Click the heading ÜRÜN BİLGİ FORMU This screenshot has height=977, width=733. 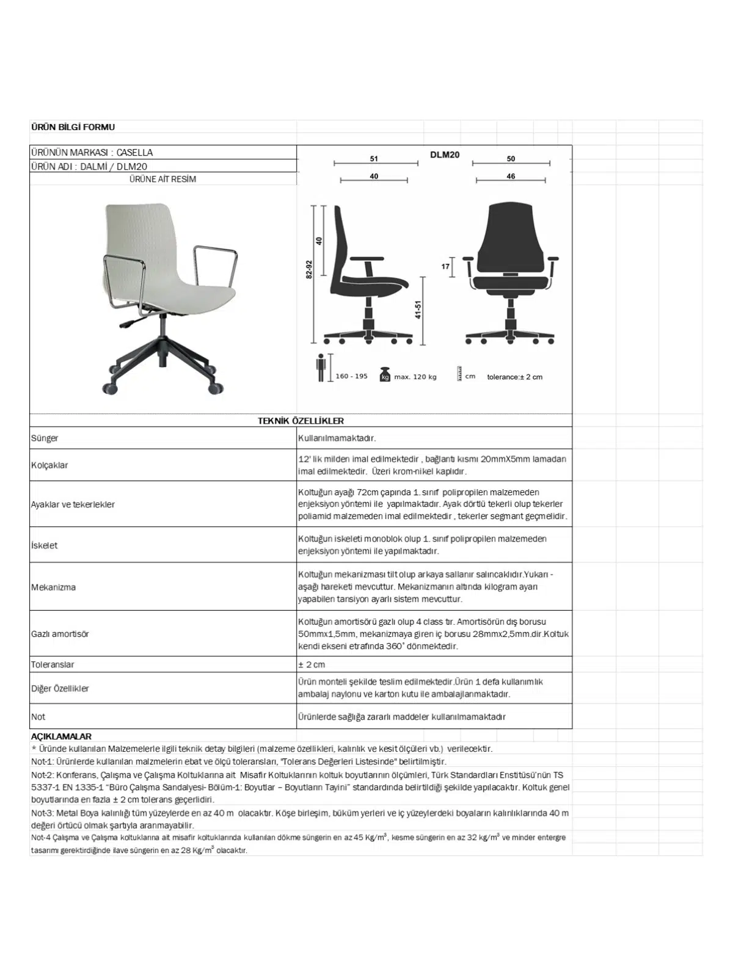coord(73,127)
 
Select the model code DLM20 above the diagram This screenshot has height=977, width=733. coord(444,155)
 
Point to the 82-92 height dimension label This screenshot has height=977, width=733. coord(308,270)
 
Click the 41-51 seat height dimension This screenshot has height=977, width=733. coord(418,310)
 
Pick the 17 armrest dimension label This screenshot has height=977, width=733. coord(445,266)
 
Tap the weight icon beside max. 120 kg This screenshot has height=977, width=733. coord(385,374)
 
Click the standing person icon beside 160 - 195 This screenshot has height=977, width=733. coord(321,368)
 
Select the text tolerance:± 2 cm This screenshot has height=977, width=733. coord(514,377)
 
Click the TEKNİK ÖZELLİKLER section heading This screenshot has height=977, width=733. coord(301,421)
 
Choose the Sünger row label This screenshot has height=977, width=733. coord(45,438)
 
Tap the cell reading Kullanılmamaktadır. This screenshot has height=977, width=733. coord(337,438)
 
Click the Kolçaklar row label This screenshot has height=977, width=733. coord(49,465)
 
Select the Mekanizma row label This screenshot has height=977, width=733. coord(53,587)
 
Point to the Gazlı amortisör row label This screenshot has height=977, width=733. coord(60,634)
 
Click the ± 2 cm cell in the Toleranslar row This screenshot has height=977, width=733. coord(312,664)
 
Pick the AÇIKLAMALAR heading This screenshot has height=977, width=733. coord(61,736)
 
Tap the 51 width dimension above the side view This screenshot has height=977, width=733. coord(374,159)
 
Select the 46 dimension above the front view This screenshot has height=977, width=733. coord(511,176)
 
